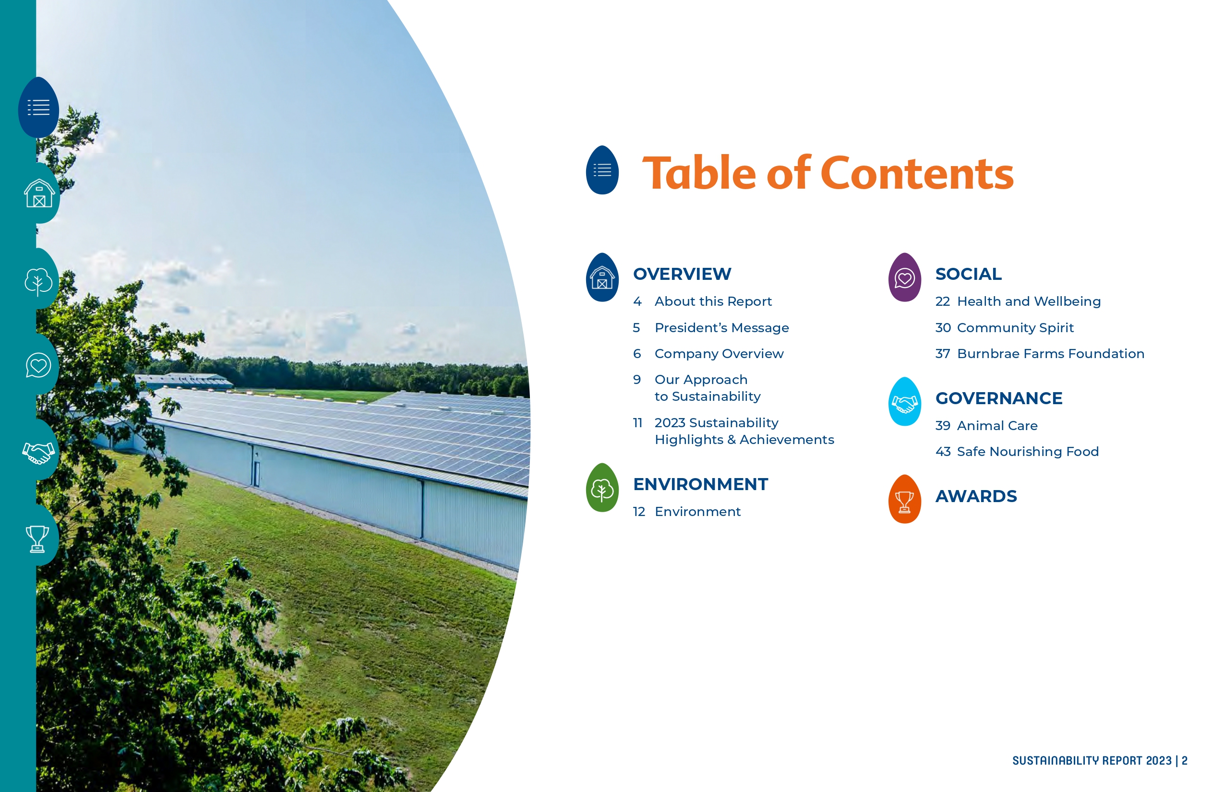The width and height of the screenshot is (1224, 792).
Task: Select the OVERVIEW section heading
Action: (x=682, y=274)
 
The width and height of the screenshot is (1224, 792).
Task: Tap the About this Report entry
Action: (x=713, y=301)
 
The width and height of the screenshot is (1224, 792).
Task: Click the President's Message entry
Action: (x=721, y=327)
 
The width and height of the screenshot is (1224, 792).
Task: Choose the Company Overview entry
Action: (x=719, y=354)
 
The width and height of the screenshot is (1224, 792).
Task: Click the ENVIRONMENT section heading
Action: (x=700, y=484)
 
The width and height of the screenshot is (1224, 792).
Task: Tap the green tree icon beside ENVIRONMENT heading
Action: (x=602, y=488)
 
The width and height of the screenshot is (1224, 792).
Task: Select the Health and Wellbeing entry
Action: (x=1029, y=301)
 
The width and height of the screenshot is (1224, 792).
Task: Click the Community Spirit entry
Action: (x=1015, y=327)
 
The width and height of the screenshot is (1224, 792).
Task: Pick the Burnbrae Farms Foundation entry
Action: (x=1051, y=354)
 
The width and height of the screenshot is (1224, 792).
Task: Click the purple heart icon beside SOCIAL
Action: (x=905, y=278)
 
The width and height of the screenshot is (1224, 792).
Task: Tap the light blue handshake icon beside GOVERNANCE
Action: (x=905, y=402)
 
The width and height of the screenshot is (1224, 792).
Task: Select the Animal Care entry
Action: (x=997, y=426)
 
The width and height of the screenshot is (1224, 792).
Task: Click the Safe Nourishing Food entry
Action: (x=1028, y=452)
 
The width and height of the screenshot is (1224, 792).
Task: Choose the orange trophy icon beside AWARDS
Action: (x=905, y=499)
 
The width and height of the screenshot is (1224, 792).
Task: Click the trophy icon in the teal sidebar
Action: (x=37, y=538)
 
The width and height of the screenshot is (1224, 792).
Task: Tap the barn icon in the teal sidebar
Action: (x=39, y=193)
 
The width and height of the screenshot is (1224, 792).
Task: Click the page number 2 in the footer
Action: (x=1185, y=761)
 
